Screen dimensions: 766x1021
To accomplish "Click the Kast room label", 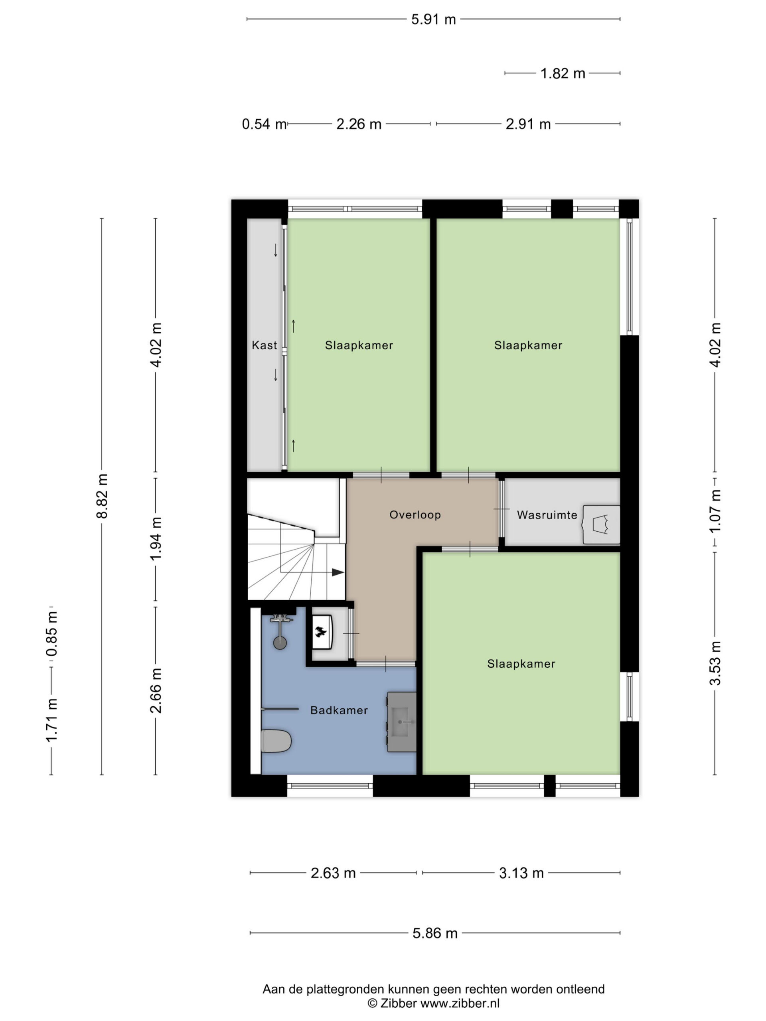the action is [264, 345].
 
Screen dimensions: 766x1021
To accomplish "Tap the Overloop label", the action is [415, 514].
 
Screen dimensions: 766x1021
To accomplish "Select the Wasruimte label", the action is [547, 514].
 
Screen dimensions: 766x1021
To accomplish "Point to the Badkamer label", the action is [339, 710].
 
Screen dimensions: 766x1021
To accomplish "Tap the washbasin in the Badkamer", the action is [402, 721].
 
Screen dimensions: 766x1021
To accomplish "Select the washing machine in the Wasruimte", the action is [601, 524].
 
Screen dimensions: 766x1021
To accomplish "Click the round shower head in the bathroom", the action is [280, 643].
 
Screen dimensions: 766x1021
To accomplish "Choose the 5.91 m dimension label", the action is [434, 20].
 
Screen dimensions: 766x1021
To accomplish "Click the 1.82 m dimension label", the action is [563, 73].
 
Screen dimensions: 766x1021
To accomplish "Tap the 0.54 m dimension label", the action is [265, 124].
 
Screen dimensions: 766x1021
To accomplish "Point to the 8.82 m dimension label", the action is [102, 496].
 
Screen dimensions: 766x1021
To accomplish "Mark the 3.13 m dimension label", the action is [521, 873].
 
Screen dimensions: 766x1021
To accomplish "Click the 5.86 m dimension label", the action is [435, 933].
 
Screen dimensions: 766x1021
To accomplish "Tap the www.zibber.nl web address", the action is [460, 1003].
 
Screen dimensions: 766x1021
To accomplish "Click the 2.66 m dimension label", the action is [156, 690].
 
